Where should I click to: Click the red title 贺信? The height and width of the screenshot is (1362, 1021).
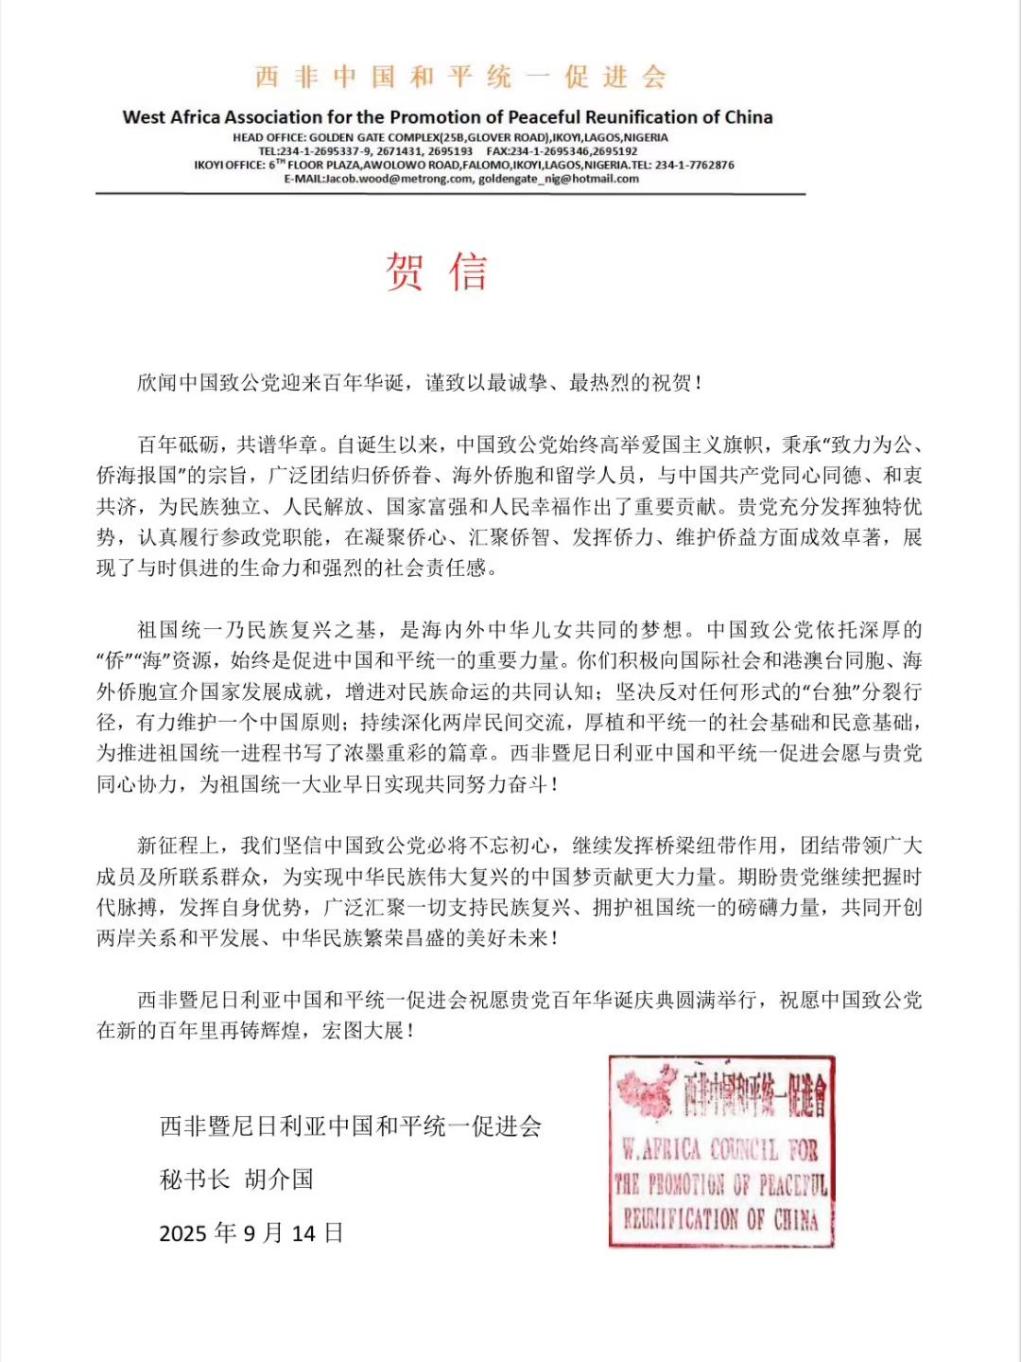(x=436, y=272)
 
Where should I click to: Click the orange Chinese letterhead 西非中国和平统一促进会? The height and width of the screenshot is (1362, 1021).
(x=460, y=77)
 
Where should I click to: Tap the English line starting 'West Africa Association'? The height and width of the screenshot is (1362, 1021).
(x=447, y=117)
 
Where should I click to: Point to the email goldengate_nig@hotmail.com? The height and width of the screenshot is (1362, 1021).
(x=559, y=179)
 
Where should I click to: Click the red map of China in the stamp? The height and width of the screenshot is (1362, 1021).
(x=647, y=1091)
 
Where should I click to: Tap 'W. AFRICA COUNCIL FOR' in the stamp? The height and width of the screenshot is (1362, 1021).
(x=719, y=1149)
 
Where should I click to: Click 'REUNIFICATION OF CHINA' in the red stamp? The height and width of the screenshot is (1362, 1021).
(x=719, y=1218)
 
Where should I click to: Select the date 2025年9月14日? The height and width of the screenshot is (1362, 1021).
(x=251, y=1232)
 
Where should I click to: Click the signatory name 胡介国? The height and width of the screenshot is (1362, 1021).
(x=279, y=1179)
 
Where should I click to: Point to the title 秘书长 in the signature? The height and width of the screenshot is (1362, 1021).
(x=195, y=1179)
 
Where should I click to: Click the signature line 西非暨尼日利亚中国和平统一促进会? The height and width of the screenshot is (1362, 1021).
(x=351, y=1126)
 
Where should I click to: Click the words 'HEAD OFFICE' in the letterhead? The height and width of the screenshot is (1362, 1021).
(x=268, y=138)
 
